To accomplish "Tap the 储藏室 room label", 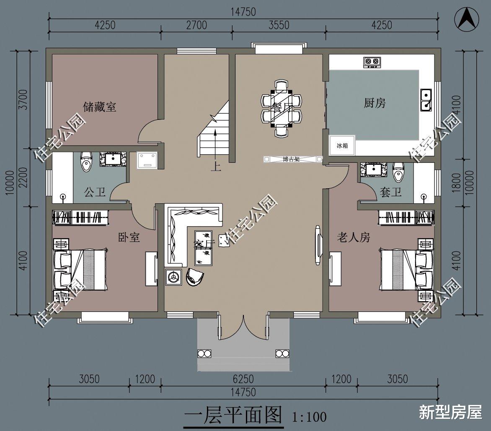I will click(100, 107).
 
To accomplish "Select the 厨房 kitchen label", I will click(375, 103).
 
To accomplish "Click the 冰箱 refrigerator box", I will click(342, 145).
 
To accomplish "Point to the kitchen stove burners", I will click(372, 62).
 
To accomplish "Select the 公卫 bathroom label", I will click(95, 193).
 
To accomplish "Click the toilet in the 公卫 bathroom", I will click(86, 161).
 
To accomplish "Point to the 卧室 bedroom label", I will click(129, 238).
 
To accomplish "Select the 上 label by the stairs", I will click(215, 167).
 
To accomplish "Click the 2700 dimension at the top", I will click(196, 25).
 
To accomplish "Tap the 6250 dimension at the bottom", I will click(243, 379).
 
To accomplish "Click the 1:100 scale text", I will click(310, 417).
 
